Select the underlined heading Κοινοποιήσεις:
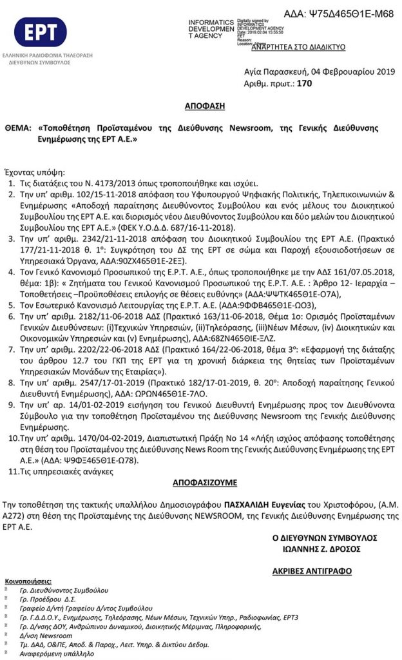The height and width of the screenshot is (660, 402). pyautogui.click(x=30, y=580)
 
